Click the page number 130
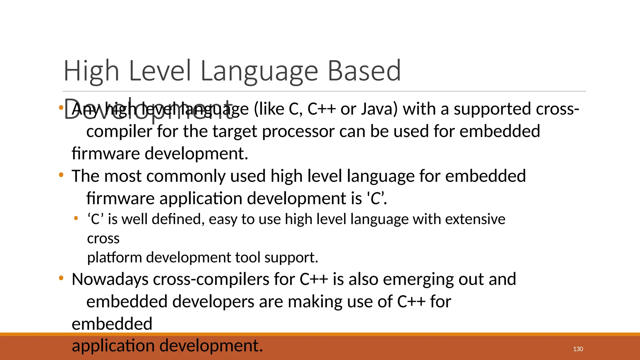click(578, 349)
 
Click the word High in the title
click(91, 71)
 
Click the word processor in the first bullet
click(298, 132)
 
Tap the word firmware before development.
click(106, 154)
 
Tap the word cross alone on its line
click(103, 239)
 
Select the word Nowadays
click(110, 279)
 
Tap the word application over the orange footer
click(113, 346)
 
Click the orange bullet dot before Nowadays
click(61, 278)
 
